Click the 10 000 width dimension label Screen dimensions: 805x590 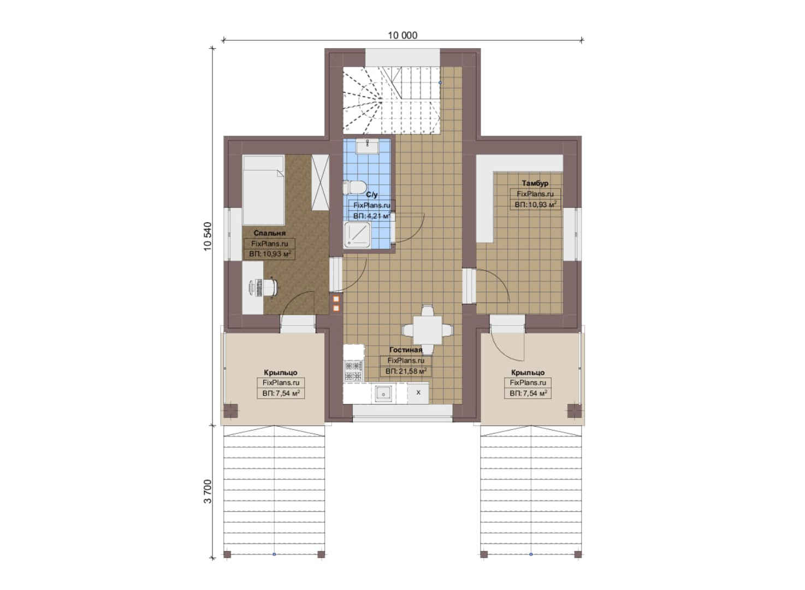(x=402, y=35)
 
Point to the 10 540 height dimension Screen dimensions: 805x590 (x=208, y=236)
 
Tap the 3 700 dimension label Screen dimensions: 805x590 (x=208, y=492)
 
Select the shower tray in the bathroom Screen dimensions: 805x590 (x=357, y=235)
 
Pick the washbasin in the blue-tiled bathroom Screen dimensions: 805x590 (x=368, y=147)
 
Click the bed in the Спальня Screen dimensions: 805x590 (x=264, y=190)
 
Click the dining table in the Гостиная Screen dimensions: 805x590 (x=428, y=330)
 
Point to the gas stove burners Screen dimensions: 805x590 (x=354, y=371)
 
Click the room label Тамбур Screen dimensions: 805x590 (x=535, y=184)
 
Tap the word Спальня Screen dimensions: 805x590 (x=270, y=233)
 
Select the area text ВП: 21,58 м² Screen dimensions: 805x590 (x=406, y=371)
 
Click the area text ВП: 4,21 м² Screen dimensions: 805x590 (x=371, y=216)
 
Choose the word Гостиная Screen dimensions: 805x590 (x=406, y=350)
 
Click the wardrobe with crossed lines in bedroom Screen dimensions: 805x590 (x=320, y=182)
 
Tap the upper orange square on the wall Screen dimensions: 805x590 (x=336, y=299)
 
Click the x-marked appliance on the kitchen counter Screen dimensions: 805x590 (x=418, y=393)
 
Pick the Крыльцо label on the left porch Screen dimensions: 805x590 (x=280, y=373)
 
